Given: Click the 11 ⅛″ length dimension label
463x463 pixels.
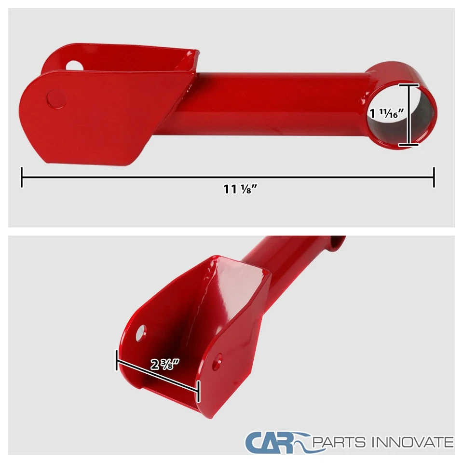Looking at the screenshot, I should [239, 189].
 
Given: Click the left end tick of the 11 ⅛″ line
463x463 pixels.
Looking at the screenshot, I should [22, 177].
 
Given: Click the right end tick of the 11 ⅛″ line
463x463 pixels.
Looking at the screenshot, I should [434, 177].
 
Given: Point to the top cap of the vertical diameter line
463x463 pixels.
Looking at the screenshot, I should [409, 85].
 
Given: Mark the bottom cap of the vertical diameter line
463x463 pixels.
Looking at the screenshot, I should [409, 144].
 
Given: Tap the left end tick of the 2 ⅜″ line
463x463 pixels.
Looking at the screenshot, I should [117, 360].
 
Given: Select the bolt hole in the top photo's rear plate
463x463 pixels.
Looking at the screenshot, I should [74, 65].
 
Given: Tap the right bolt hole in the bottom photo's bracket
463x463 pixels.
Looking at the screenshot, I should [218, 361].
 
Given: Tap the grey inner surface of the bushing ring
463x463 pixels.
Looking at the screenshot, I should [424, 116].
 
